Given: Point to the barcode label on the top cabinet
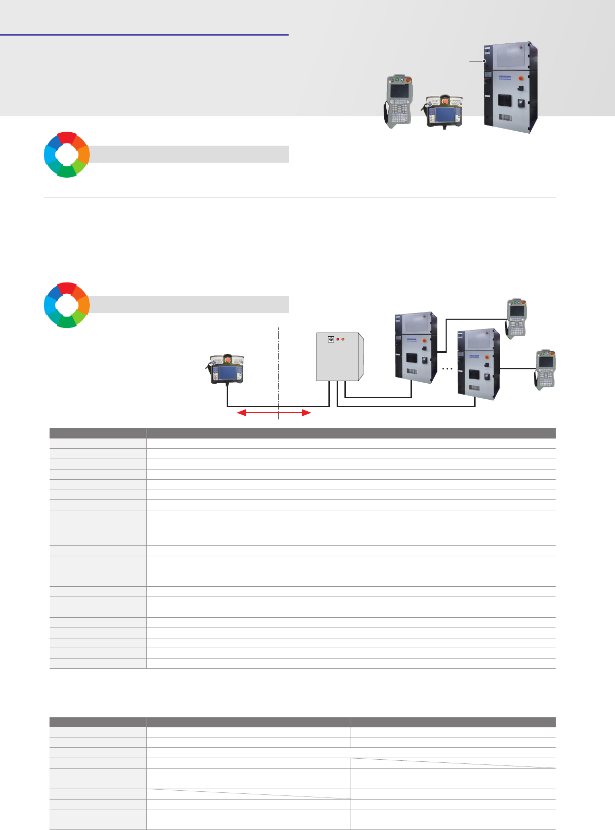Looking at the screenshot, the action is click(x=505, y=117).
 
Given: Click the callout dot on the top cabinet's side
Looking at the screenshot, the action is click(x=484, y=61).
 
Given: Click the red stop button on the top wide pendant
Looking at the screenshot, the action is click(x=445, y=101).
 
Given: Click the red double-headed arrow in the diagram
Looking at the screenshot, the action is click(x=274, y=413).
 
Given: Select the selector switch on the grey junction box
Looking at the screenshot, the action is click(x=331, y=339).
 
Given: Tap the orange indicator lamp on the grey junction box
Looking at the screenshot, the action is click(x=343, y=339).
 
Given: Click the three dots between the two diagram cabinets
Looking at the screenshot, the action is click(x=447, y=369).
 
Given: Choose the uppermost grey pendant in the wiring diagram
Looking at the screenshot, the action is click(x=516, y=318).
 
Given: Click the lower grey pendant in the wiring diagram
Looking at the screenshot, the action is click(x=545, y=369).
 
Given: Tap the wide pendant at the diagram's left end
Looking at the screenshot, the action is click(x=227, y=369).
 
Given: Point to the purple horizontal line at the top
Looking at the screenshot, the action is click(x=144, y=35).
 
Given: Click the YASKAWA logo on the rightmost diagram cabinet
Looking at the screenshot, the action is click(x=474, y=356).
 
